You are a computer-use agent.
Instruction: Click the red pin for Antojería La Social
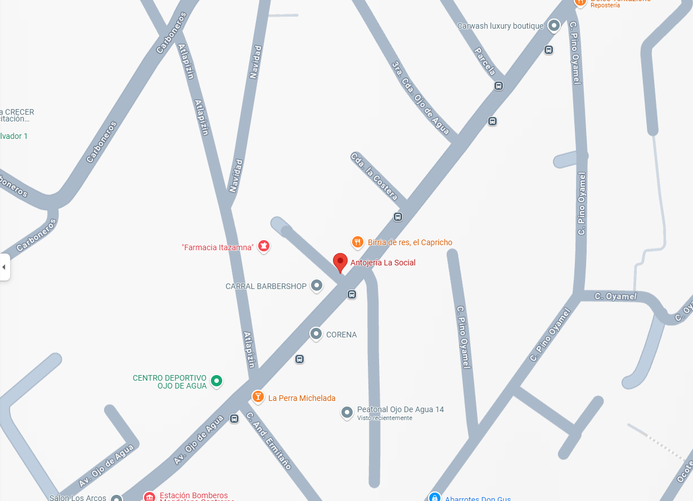[x=340, y=262]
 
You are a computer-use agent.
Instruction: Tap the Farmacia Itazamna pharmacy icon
[x=263, y=246]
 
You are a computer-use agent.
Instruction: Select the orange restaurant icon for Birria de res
[x=357, y=242]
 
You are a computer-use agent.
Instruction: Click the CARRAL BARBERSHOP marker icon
[x=317, y=286]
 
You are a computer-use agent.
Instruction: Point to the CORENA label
[x=341, y=335]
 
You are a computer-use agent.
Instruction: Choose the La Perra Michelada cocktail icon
[x=258, y=398]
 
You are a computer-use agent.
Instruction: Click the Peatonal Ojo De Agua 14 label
[x=400, y=409]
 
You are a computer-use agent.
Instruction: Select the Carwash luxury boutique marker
[x=554, y=26]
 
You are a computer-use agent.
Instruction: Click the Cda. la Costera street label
[x=374, y=176]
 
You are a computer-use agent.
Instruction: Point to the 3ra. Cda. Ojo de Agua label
[x=420, y=98]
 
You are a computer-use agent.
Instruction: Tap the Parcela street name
[x=485, y=61]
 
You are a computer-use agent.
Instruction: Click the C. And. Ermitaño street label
[x=268, y=441]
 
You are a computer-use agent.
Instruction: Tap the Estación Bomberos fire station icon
[x=149, y=497]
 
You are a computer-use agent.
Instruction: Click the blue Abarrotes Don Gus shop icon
[x=434, y=497]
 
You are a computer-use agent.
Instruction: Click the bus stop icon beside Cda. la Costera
[x=398, y=216]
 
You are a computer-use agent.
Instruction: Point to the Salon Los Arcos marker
[x=116, y=498]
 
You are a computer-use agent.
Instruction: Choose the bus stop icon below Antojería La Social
[x=352, y=294]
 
